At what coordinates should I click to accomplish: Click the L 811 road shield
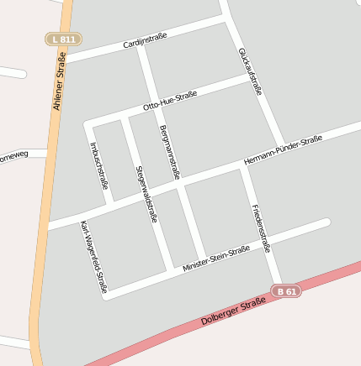[63, 39]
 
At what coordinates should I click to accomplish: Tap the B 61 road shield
[286, 291]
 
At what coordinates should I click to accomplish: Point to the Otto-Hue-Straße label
[170, 101]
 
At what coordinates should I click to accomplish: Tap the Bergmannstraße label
[169, 153]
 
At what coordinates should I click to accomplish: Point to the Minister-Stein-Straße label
[216, 259]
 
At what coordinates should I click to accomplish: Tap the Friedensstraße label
[260, 227]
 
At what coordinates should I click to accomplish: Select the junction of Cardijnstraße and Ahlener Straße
[65, 60]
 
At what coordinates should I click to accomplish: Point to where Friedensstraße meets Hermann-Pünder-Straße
[243, 165]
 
